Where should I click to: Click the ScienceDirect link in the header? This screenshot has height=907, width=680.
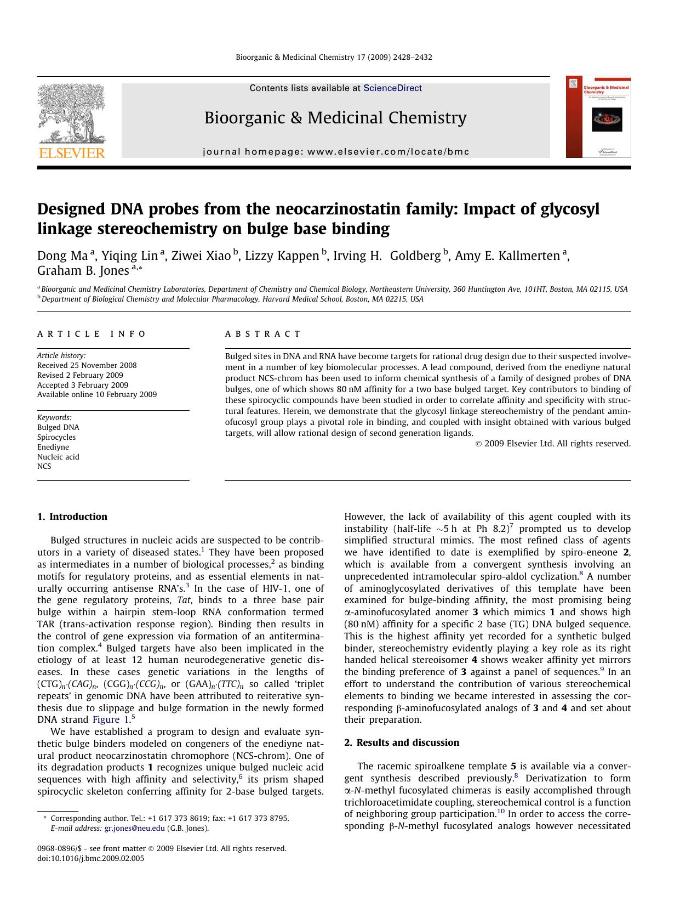pyautogui.click(x=392, y=88)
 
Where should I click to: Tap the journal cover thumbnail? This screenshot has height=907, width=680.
pyautogui.click(x=598, y=117)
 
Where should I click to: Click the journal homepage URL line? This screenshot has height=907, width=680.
pyautogui.click(x=336, y=151)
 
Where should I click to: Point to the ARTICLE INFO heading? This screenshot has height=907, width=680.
pyautogui.click(x=92, y=334)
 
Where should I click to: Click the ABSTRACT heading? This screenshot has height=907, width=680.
pyautogui.click(x=263, y=334)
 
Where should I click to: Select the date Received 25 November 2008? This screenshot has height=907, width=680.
pyautogui.click(x=87, y=365)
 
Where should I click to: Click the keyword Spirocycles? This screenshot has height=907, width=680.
pyautogui.click(x=56, y=437)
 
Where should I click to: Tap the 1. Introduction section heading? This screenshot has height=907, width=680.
pyautogui.click(x=72, y=517)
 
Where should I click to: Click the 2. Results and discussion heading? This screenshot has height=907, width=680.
pyautogui.click(x=402, y=742)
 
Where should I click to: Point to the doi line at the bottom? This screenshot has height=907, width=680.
pyautogui.click(x=90, y=858)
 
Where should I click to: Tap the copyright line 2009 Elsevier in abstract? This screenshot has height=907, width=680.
pyautogui.click(x=553, y=444)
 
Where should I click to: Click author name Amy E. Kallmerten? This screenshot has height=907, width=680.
pyautogui.click(x=507, y=256)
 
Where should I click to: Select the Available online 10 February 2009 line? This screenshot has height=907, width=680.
pyautogui.click(x=96, y=394)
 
